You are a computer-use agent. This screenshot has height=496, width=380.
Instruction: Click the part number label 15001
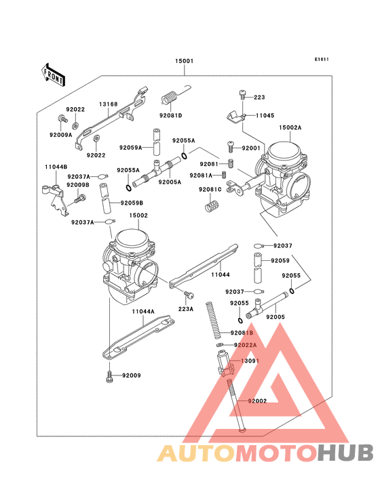[x=185, y=62]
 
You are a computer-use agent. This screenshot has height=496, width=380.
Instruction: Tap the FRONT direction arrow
[x=54, y=74]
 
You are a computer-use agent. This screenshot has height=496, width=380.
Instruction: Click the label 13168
[x=109, y=104]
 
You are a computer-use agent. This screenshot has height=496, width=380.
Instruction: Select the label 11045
[x=265, y=116]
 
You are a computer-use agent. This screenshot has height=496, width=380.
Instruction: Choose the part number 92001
[x=251, y=148]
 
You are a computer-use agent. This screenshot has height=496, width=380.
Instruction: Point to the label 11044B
[x=56, y=167]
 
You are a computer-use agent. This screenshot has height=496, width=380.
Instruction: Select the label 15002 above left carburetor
[x=138, y=215]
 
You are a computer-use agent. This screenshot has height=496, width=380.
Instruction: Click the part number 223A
[x=186, y=308]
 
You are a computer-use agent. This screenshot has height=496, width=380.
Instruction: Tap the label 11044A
[x=143, y=311]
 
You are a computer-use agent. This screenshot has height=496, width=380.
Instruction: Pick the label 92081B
[x=241, y=333]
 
